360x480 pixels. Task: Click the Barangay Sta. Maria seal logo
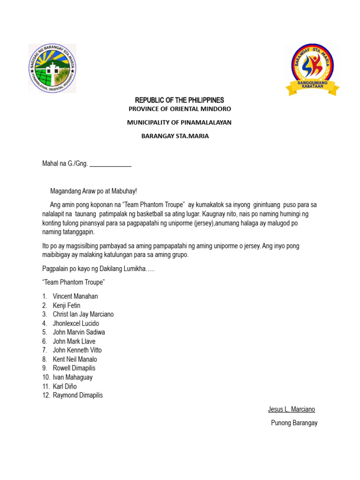pos(52,68)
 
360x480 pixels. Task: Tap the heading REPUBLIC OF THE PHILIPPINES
pos(180,100)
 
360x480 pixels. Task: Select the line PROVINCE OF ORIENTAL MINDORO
pos(180,109)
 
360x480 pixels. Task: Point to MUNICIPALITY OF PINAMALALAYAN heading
pos(180,122)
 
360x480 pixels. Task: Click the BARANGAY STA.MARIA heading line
pos(176,136)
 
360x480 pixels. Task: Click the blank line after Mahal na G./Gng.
pos(110,164)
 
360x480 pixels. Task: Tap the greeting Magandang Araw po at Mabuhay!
pos(94,191)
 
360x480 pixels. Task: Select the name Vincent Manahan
pos(75,296)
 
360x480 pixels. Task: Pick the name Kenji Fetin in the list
pos(67,306)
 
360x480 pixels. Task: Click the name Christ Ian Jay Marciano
pos(83,315)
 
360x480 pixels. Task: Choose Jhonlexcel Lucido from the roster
pos(76,323)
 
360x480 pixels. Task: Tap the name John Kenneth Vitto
pos(77,350)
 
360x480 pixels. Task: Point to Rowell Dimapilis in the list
pos(74,368)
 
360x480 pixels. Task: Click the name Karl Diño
pos(65,386)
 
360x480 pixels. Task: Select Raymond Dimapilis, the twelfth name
pos(78,395)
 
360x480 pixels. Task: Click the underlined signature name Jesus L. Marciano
pos(292,409)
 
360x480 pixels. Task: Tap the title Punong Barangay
pos(294,423)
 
